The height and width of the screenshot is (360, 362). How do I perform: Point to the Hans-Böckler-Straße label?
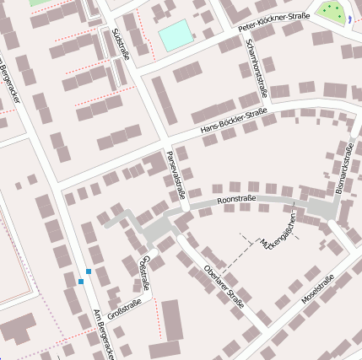pos(234,123)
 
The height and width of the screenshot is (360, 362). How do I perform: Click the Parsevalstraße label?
pos(176,175)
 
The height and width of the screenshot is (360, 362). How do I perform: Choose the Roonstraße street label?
pos(236,200)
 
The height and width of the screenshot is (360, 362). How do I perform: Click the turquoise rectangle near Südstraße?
pos(175,36)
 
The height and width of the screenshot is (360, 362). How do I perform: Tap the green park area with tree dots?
pos(331,11)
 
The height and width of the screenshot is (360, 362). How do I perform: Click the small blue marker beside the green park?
pos(348,19)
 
